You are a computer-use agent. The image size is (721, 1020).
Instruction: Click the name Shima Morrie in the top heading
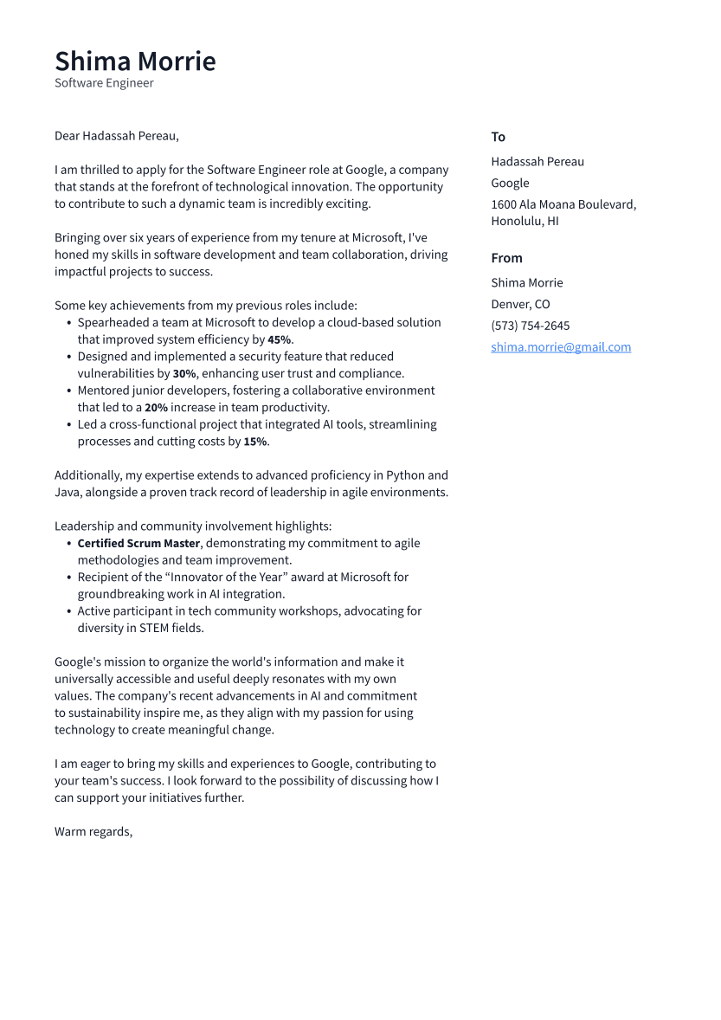pos(135,61)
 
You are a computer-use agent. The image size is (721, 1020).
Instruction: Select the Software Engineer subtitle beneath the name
pos(104,83)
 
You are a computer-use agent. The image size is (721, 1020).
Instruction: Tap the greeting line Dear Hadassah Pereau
pos(116,136)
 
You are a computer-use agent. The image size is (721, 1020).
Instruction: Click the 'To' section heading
pos(498,137)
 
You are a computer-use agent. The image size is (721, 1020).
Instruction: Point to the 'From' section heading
pos(506,258)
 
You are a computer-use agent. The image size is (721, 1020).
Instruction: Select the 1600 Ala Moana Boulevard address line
pos(563,204)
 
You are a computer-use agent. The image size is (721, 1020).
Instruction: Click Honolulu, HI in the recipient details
pos(525,221)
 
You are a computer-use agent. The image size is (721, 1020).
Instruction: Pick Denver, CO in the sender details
pos(520,304)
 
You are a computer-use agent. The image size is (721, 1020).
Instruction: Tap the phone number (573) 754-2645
pos(530,326)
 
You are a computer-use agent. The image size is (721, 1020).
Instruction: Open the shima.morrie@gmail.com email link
pos(561,347)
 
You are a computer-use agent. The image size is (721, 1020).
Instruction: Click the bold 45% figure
pos(279,340)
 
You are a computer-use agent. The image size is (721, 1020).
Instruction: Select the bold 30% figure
pos(183,374)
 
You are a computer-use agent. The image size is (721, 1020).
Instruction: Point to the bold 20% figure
pos(156,408)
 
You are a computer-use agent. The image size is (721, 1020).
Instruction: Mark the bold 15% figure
pos(254,442)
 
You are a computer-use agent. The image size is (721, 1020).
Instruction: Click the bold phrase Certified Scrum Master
pos(138,544)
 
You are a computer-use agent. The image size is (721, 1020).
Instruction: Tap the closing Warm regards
pos(93,831)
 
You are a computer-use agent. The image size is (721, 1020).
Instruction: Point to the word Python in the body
pos(406,475)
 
